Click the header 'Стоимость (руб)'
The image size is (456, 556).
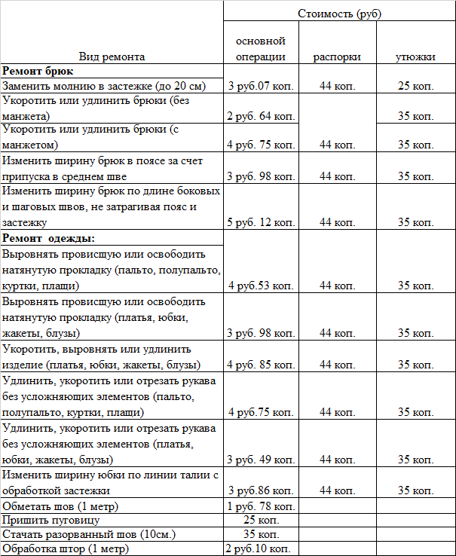click(x=338, y=14)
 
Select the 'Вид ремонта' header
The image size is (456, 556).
click(x=112, y=56)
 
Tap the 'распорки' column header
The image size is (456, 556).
click(x=337, y=57)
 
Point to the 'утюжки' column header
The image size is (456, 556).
click(x=415, y=57)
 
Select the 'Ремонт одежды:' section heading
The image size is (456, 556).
click(x=48, y=238)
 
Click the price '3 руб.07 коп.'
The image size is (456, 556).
click(x=261, y=86)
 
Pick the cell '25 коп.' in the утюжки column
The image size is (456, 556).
click(x=415, y=86)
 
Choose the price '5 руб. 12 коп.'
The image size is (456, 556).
click(x=261, y=222)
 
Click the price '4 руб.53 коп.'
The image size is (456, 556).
click(x=261, y=286)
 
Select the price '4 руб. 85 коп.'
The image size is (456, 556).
click(x=261, y=365)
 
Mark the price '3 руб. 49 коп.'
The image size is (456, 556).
click(x=261, y=459)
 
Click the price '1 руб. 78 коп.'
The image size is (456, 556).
click(x=261, y=505)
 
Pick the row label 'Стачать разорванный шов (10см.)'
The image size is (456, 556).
click(x=89, y=534)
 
